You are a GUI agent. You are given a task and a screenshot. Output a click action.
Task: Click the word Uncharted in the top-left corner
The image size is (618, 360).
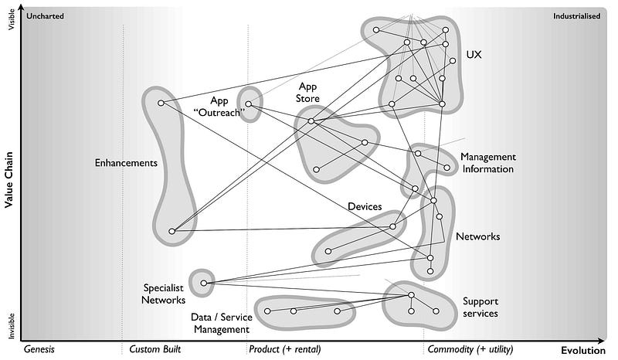pyautogui.click(x=46, y=15)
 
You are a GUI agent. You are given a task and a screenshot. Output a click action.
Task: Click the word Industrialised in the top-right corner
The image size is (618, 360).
pyautogui.click(x=576, y=15)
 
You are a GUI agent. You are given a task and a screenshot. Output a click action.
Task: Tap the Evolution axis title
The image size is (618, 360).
pyautogui.click(x=582, y=349)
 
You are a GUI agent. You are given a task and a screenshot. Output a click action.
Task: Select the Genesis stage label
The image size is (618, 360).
pyautogui.click(x=39, y=349)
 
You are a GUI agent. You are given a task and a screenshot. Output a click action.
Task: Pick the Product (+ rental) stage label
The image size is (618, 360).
pyautogui.click(x=284, y=349)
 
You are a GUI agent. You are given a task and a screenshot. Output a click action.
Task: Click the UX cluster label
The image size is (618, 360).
pyautogui.click(x=474, y=55)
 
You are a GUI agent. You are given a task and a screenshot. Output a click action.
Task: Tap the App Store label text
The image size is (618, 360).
pyautogui.click(x=310, y=93)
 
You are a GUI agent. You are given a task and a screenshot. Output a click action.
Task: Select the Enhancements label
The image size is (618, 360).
pyautogui.click(x=126, y=163)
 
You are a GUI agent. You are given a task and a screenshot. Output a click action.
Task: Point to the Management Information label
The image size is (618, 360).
pyautogui.click(x=487, y=163)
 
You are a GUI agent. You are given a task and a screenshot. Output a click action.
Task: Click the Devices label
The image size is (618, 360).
pyautogui.click(x=365, y=206)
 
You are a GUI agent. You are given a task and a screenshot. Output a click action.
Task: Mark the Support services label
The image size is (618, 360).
pyautogui.click(x=480, y=307)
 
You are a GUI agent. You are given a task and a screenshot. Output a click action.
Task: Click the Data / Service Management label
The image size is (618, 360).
pyautogui.click(x=219, y=323)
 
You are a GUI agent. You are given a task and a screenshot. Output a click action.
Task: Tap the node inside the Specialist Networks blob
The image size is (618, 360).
pyautogui.click(x=204, y=284)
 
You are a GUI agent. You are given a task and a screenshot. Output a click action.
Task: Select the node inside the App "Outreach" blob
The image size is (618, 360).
pyautogui.click(x=249, y=104)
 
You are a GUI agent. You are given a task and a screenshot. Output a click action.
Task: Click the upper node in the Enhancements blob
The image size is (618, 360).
pyautogui.click(x=161, y=103)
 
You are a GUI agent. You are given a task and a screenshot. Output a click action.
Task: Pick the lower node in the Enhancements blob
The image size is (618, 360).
pyautogui.click(x=171, y=231)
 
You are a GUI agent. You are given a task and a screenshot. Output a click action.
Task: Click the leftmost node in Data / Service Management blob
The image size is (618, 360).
pyautogui.click(x=267, y=311)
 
